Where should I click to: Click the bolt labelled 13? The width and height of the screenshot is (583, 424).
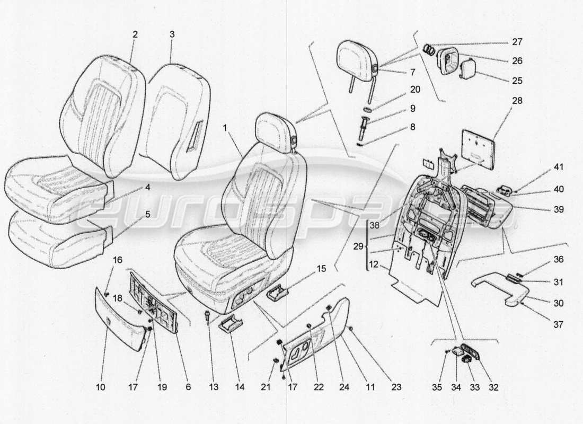[x=206, y=316]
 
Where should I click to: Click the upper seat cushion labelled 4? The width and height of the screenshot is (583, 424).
[x=53, y=185]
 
